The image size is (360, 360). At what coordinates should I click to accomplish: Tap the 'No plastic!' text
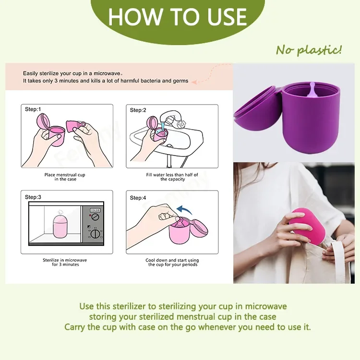tap(309, 50)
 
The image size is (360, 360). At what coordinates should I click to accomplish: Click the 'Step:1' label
tap(33, 109)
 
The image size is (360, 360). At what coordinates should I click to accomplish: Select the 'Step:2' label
tap(138, 110)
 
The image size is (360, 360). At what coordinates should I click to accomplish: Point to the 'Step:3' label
tap(33, 197)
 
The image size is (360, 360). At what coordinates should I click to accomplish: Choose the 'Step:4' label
tap(138, 197)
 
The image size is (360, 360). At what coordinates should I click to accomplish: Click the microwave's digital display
tap(95, 210)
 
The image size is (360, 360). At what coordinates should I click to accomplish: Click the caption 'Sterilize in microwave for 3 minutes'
tap(65, 263)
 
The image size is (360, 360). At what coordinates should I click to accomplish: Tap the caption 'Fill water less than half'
tap(171, 177)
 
